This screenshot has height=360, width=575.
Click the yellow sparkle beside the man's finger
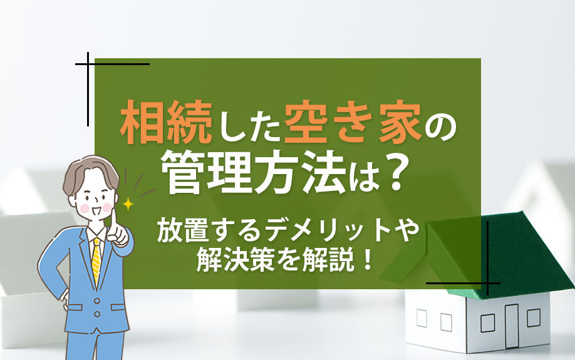pyautogui.click(x=128, y=203)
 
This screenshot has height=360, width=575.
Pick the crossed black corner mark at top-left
pyautogui.click(x=88, y=64)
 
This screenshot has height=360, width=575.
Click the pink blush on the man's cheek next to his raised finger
pyautogui.click(x=106, y=207)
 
